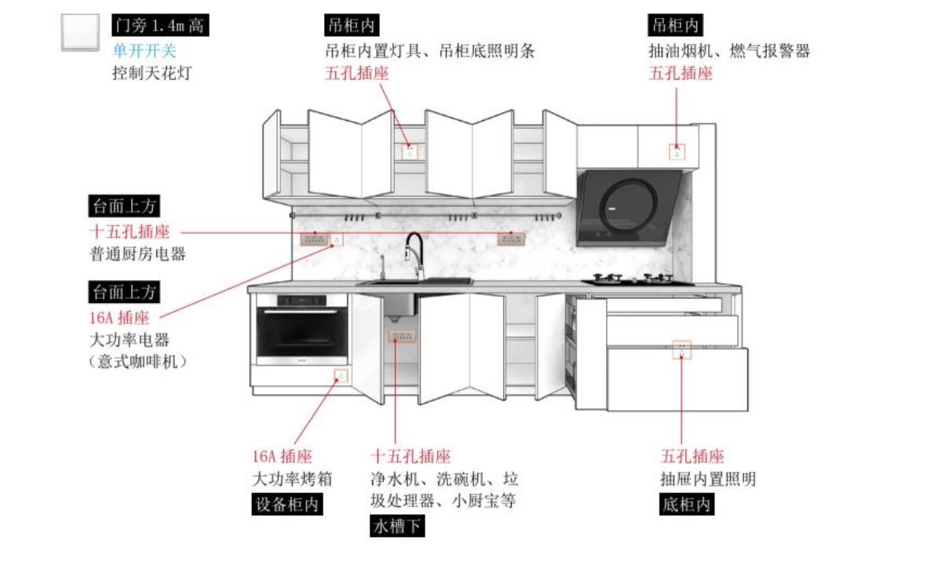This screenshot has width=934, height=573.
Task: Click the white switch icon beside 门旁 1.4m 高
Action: point(80,32)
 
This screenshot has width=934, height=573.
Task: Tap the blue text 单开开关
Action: point(144,50)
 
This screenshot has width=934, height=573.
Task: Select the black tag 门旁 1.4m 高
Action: point(159,26)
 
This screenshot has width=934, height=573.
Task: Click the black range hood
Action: point(628,206)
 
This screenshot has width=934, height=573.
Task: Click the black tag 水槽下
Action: point(397,526)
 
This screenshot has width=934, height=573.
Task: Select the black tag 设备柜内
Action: point(287,504)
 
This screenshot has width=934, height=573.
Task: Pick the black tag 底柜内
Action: point(687,504)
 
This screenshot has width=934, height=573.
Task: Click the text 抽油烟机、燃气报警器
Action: point(729,51)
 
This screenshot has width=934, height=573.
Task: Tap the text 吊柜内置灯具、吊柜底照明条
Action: point(429,51)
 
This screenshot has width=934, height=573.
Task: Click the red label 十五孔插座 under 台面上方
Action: point(129,232)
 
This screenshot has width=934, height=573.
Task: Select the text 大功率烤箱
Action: point(282,479)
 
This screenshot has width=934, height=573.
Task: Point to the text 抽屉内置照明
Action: point(708,479)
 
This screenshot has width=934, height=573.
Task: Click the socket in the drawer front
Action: point(681,349)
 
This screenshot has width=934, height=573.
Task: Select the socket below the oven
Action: point(341,375)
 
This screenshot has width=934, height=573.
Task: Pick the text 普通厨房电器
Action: point(138,254)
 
